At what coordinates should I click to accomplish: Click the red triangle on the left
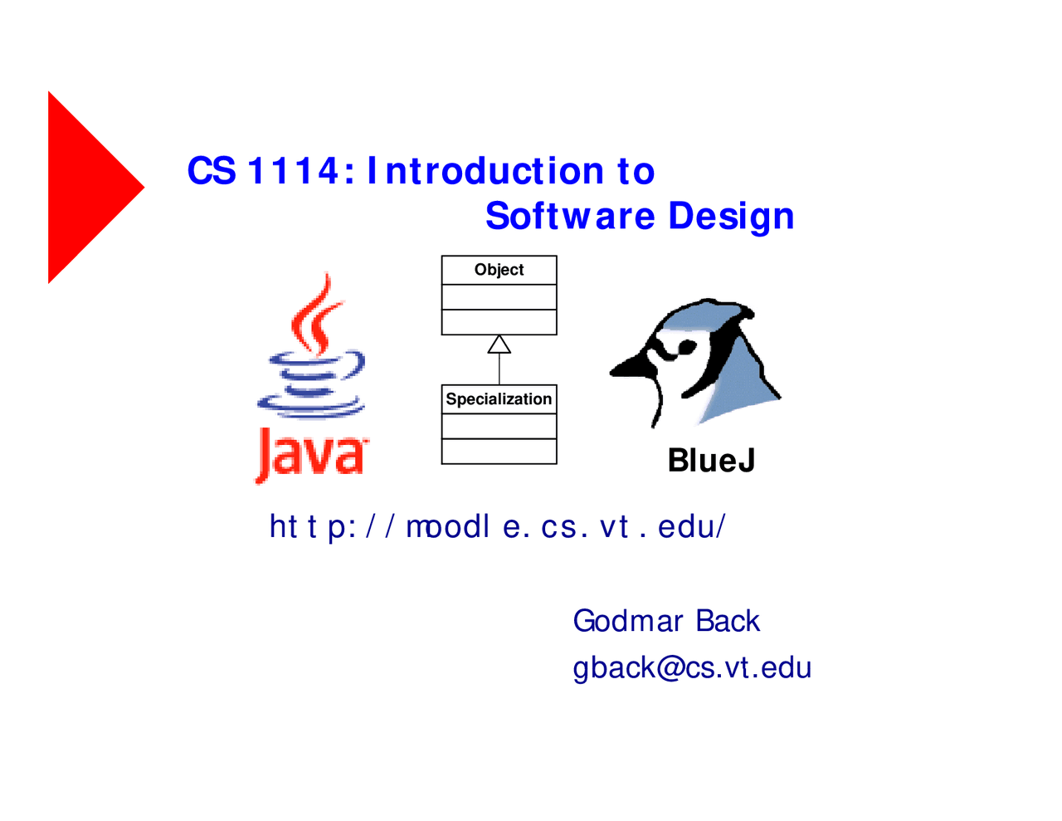[x=87, y=188]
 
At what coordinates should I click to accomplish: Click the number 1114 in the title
[x=294, y=171]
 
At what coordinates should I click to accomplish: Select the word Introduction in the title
[x=485, y=171]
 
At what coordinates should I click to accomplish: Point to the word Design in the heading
[x=731, y=216]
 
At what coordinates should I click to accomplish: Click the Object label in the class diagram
[x=499, y=270]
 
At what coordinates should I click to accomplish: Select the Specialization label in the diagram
[x=499, y=399]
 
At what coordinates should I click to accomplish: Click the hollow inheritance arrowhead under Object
[x=499, y=344]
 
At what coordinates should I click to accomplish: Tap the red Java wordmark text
[x=311, y=453]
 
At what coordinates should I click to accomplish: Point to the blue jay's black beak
[x=631, y=365]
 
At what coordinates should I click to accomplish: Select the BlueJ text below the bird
[x=711, y=461]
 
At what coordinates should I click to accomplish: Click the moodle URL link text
[x=497, y=526]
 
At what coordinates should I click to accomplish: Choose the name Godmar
[x=627, y=621]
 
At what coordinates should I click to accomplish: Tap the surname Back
[x=728, y=621]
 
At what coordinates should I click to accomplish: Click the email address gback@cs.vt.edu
[x=691, y=667]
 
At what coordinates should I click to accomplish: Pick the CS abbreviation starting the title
[x=211, y=171]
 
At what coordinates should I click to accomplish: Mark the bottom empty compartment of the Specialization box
[x=499, y=452]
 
